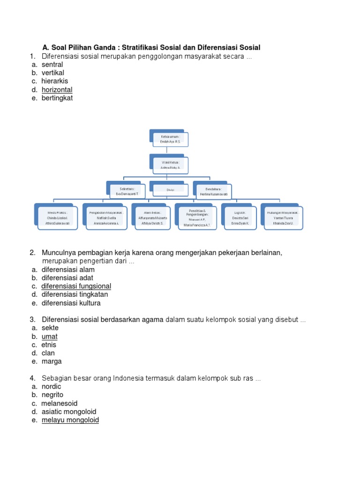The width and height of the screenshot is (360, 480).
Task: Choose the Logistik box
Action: pos(240,217)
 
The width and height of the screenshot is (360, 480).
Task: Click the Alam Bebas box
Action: pos(151,217)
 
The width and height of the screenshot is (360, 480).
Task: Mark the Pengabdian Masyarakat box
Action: pos(105,217)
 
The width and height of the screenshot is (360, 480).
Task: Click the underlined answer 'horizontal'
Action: pos(57,90)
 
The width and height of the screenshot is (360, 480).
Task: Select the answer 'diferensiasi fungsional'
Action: pos(76,286)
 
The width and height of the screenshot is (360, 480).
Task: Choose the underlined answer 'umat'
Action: pos(49,337)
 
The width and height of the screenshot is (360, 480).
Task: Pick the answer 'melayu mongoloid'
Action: pos(70,420)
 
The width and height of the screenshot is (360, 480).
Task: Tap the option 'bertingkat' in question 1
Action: pos(57,98)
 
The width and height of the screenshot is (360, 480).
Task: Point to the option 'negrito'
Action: pos(52,395)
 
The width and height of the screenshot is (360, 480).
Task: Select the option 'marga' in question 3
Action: pos(51,362)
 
